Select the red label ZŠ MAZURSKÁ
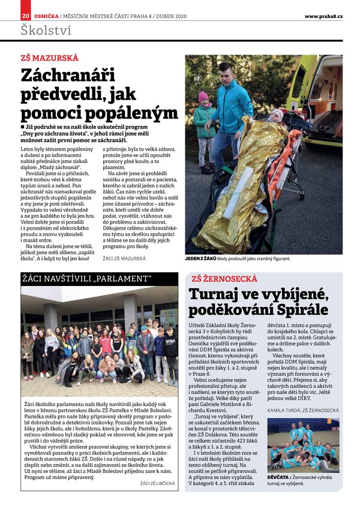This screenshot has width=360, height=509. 49,59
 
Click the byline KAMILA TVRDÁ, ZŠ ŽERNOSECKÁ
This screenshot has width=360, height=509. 303,411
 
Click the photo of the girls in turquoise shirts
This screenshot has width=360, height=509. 303,445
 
